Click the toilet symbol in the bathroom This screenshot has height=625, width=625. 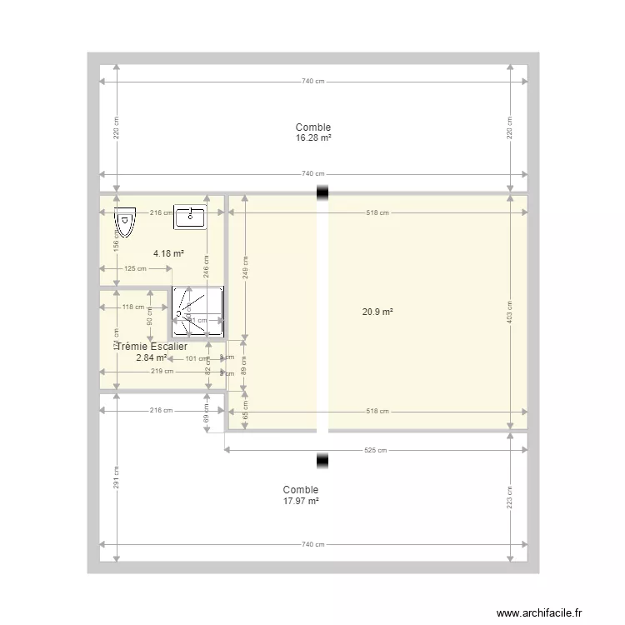125,221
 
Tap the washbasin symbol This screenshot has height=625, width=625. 191,217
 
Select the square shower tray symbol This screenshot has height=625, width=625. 197,312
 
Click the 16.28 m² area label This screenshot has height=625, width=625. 312,138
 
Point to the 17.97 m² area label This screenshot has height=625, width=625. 301,501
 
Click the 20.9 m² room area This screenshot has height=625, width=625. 377,312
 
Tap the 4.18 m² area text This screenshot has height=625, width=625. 168,252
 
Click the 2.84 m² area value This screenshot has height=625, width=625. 152,357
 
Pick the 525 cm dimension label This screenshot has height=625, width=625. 376,451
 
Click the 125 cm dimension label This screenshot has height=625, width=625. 135,268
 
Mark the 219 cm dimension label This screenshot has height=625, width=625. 162,372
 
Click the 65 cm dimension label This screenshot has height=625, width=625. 245,410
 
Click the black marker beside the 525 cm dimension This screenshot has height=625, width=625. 322,459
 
